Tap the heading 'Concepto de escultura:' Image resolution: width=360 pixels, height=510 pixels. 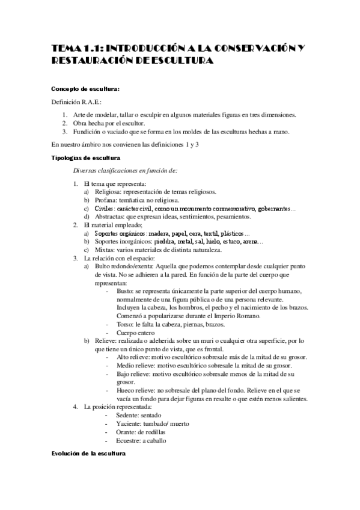(x=85, y=89)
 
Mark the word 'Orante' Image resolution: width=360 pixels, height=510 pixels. (x=117, y=432)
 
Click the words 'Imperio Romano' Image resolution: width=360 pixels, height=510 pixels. (x=240, y=316)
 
